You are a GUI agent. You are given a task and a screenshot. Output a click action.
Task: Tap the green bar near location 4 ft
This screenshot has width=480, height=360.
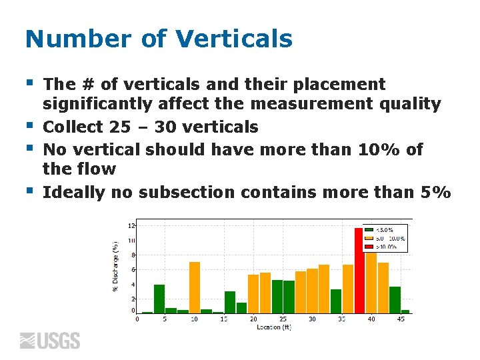point(159,299)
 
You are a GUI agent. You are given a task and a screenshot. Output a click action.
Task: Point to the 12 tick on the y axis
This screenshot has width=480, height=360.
point(131,226)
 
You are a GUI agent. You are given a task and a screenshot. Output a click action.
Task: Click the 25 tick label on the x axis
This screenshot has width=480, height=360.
point(283,319)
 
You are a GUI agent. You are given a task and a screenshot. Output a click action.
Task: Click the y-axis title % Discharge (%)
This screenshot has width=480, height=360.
point(115,266)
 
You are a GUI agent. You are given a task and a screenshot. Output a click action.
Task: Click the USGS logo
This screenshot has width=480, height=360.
point(50,341)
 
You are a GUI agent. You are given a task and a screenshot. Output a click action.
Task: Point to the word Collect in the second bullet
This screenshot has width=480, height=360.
point(73,127)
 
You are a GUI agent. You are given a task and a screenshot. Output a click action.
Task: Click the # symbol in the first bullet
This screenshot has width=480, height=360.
point(89,85)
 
